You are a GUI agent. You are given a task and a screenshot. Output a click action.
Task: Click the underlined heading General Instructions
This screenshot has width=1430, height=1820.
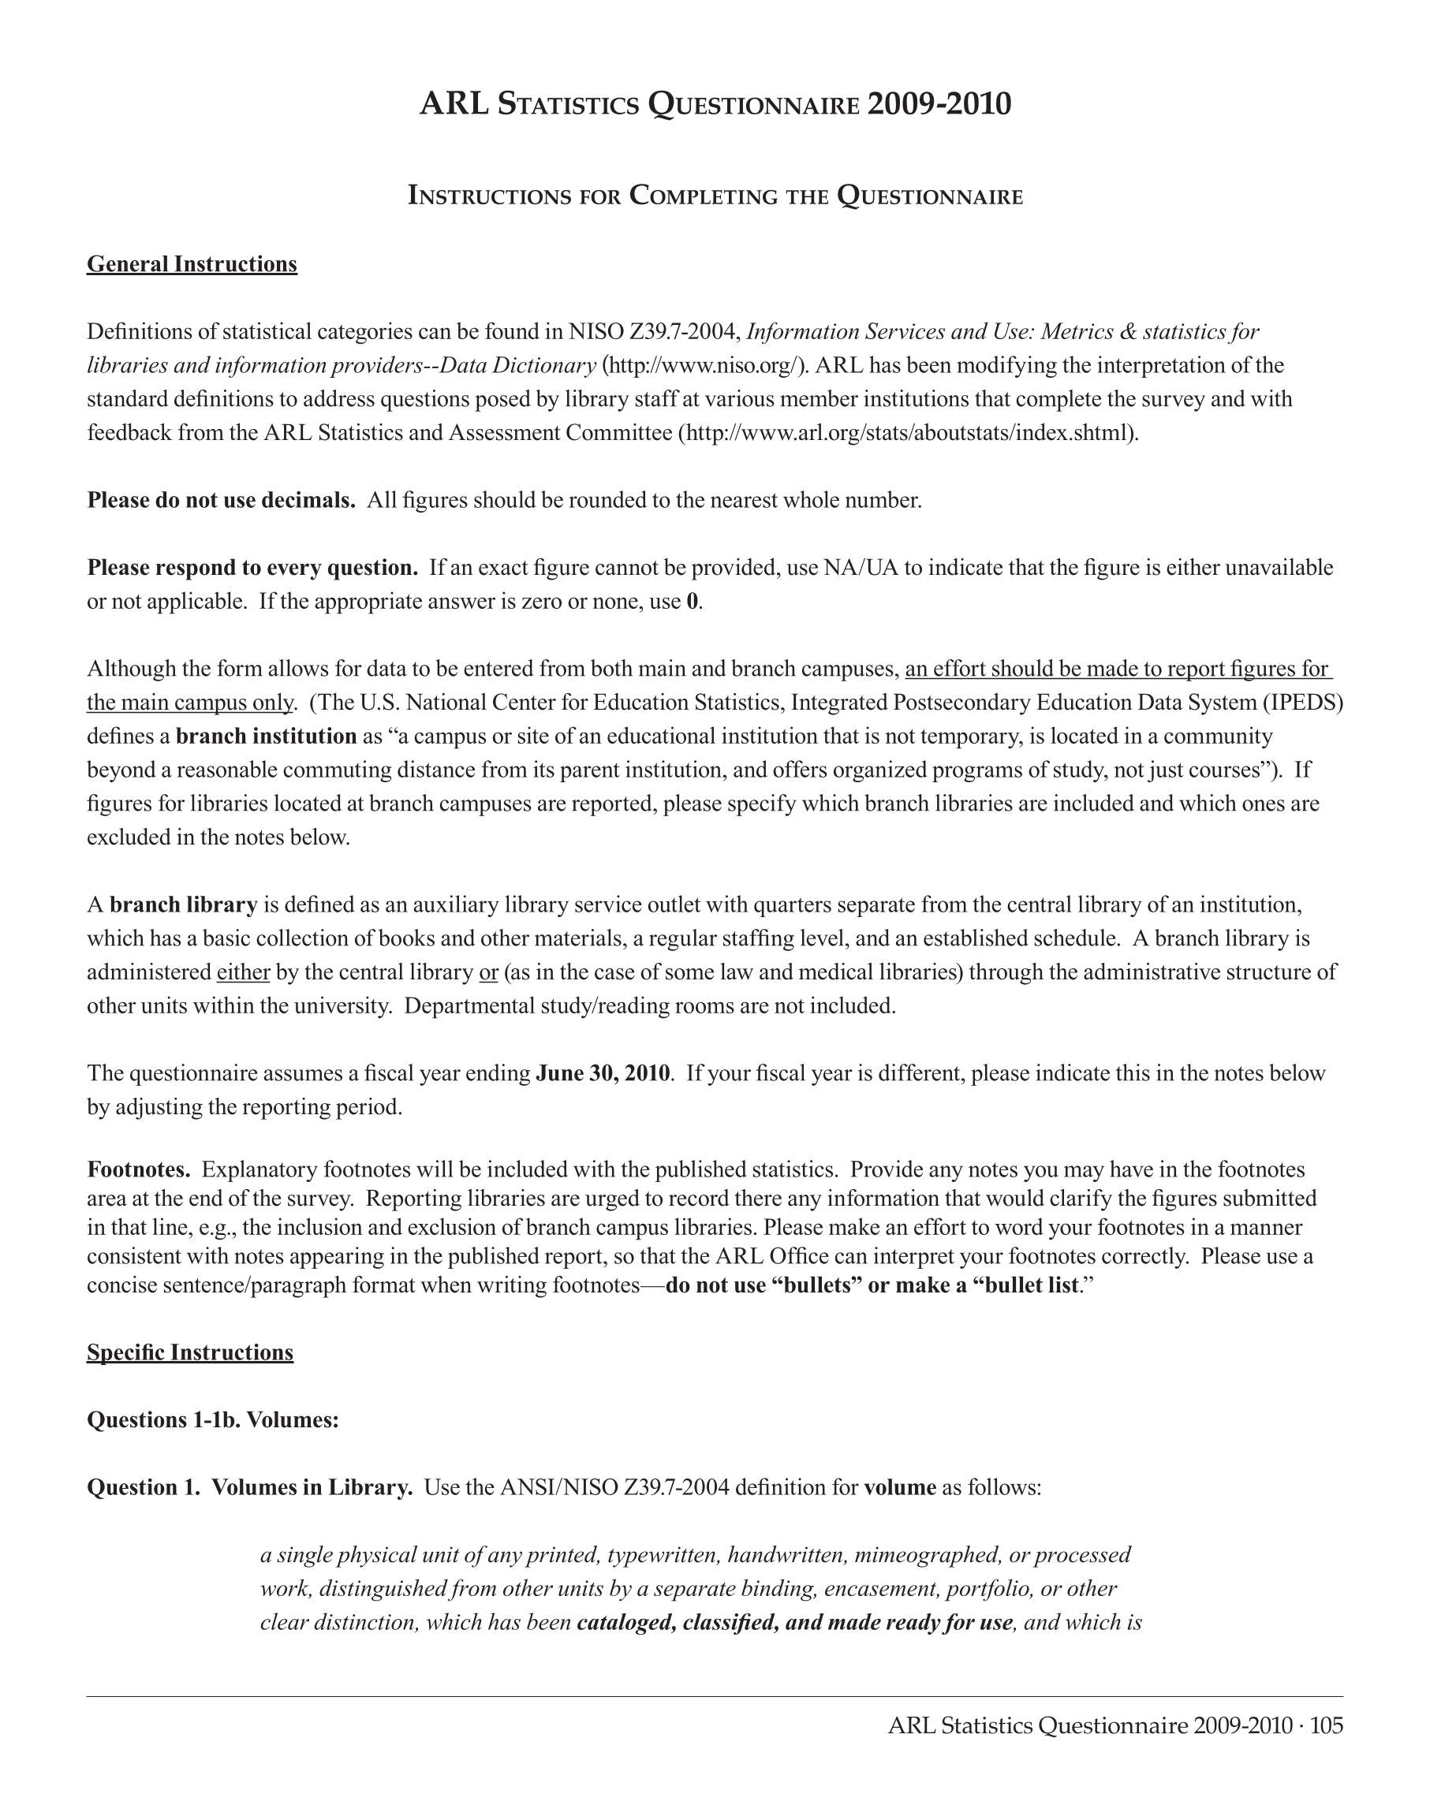192,264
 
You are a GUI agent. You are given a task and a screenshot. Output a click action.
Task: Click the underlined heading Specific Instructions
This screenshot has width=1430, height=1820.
190,1353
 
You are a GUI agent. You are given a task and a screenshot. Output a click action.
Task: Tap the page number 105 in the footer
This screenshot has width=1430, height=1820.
1326,1726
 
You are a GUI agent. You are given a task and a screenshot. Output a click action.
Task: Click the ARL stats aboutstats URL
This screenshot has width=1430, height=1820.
908,433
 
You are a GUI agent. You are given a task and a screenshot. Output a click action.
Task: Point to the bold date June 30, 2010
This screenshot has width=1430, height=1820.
603,1073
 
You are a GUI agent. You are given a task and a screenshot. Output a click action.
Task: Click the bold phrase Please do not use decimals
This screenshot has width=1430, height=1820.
221,501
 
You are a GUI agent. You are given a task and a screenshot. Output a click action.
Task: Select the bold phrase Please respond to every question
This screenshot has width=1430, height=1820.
252,569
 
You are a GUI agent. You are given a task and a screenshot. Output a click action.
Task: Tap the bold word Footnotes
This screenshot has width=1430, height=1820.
139,1169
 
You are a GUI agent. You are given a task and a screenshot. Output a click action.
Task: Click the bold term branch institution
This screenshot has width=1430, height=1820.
267,737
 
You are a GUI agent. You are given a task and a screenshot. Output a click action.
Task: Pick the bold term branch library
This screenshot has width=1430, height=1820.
183,905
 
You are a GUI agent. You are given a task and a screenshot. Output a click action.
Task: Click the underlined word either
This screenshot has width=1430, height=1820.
243,973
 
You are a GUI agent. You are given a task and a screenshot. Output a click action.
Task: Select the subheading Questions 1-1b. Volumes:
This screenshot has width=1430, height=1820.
213,1421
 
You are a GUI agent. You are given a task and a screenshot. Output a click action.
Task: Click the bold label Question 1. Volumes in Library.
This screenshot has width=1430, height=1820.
249,1488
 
